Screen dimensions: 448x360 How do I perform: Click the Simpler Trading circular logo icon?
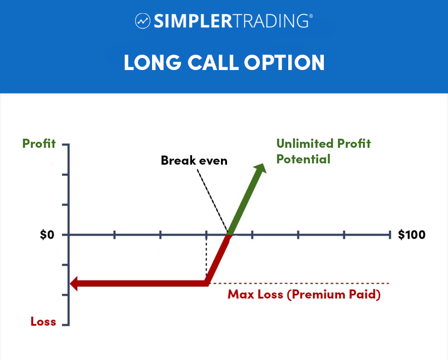point(143,21)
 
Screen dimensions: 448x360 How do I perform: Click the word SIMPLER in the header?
point(194,21)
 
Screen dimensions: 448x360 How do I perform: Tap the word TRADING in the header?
point(271,21)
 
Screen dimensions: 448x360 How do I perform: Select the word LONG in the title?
point(153,62)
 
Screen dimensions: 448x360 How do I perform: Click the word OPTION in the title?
point(284,62)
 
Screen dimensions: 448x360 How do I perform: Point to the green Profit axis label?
point(39,143)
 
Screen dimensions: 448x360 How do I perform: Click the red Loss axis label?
point(43,322)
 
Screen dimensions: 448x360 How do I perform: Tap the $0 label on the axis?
point(47,235)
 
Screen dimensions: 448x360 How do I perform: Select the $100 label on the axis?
point(412,235)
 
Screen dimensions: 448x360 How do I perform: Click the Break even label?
point(194,160)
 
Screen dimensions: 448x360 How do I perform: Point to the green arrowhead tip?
point(263,164)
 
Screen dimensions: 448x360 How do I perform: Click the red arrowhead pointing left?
point(74,283)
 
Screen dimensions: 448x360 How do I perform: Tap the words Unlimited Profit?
point(323,143)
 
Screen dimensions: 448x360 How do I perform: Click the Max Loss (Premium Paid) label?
point(304,294)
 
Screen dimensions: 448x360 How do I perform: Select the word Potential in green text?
point(303,159)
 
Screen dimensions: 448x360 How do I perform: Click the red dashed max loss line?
point(299,283)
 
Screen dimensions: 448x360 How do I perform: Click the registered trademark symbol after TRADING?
point(311,16)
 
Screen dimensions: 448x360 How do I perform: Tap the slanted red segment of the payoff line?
point(218,259)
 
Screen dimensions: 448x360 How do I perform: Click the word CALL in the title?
point(213,62)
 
